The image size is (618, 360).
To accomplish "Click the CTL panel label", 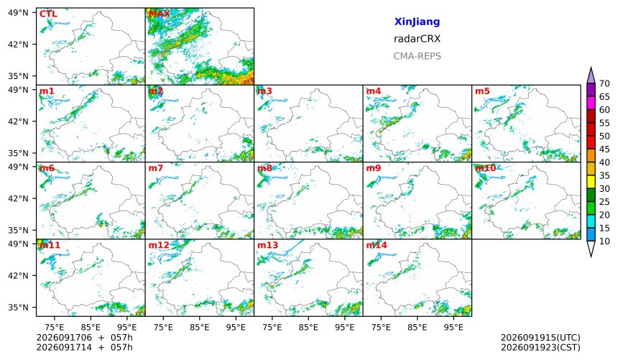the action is (48, 14).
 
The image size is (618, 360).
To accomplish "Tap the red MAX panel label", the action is (160, 14).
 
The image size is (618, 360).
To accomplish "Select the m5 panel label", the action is (482, 91).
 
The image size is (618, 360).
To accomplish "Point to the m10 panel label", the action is (486, 168).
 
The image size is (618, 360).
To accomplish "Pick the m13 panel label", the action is (267, 245).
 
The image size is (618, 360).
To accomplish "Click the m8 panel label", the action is (264, 168).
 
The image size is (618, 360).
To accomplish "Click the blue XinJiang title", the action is (417, 22).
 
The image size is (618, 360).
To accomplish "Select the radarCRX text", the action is (417, 39).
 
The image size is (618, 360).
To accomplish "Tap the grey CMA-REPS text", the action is (417, 56).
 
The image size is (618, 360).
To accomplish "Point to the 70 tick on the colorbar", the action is (604, 83).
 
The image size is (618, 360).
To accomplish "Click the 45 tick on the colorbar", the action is (604, 149).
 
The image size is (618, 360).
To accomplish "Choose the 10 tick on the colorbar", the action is (604, 241).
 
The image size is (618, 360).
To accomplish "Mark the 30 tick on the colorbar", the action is (604, 189).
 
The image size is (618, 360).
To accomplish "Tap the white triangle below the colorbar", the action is (591, 248).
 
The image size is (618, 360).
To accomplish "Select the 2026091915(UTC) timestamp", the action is (540, 338).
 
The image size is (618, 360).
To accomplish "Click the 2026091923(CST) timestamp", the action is (540, 348).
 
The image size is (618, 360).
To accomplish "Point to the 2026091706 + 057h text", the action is (84, 338).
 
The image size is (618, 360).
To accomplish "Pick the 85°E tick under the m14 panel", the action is (417, 327).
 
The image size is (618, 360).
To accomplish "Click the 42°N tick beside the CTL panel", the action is (18, 44).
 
